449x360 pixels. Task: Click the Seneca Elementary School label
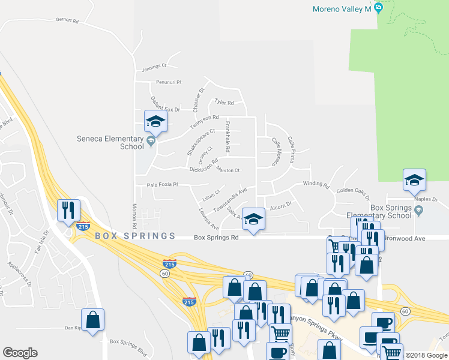point(110,142)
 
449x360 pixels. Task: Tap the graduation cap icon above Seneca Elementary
point(155,122)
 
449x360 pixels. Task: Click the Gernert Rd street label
point(68,20)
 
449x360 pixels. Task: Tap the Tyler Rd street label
point(224,103)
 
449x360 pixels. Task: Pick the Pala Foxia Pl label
point(163,185)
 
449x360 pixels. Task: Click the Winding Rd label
point(316,185)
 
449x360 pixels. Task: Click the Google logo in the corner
point(20,353)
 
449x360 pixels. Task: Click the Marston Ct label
point(228,170)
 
